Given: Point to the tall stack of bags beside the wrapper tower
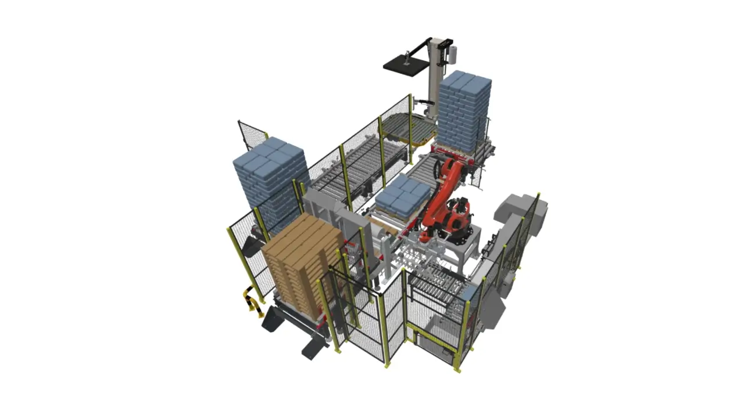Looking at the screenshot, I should pos(464,113).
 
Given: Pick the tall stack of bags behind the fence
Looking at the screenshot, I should pos(270,180).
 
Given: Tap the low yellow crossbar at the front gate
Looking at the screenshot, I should pos(431,337).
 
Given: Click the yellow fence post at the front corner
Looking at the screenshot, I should pos(386,331).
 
